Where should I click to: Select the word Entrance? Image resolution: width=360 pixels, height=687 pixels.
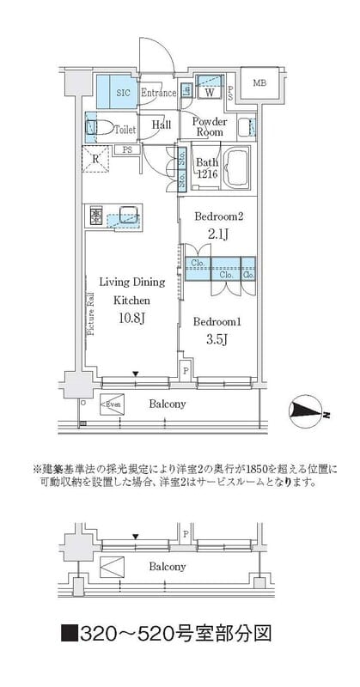coord(158,92)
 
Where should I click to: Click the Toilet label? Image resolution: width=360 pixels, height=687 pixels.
coord(125,129)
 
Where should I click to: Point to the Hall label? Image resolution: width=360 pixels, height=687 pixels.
coord(162,125)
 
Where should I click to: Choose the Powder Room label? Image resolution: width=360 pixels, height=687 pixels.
coord(209,127)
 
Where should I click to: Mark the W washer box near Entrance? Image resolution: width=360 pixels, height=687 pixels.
coord(209,91)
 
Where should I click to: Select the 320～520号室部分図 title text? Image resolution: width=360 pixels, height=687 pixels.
coord(167,635)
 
